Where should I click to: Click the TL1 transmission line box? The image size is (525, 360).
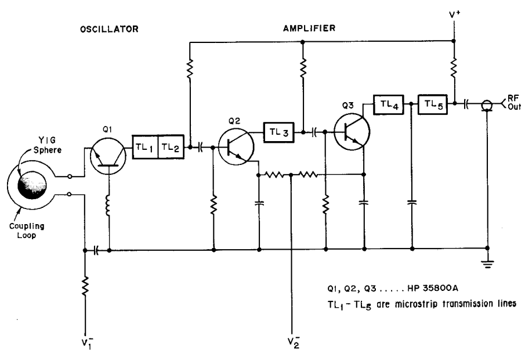pyautogui.click(x=145, y=147)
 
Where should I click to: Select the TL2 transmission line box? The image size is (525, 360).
pyautogui.click(x=171, y=147)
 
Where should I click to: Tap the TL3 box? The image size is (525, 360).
pyautogui.click(x=279, y=132)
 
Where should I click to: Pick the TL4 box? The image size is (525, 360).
pyautogui.click(x=389, y=105)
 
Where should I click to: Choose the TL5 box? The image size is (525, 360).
pyautogui.click(x=433, y=105)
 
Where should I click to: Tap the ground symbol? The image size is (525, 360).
pyautogui.click(x=487, y=264)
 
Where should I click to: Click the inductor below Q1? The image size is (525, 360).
pyautogui.click(x=108, y=205)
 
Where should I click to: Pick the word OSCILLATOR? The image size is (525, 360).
pyautogui.click(x=109, y=29)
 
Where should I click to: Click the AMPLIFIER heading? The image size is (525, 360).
pyautogui.click(x=309, y=28)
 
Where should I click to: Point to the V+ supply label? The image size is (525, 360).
pyautogui.click(x=455, y=16)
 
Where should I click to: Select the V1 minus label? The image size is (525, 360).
pyautogui.click(x=86, y=344)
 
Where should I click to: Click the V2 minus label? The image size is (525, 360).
pyautogui.click(x=294, y=342)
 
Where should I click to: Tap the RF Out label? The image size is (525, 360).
pyautogui.click(x=514, y=102)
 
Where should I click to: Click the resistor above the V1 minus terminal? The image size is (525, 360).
pyautogui.click(x=85, y=286)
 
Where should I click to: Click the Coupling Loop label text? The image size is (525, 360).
pyautogui.click(x=27, y=231)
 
